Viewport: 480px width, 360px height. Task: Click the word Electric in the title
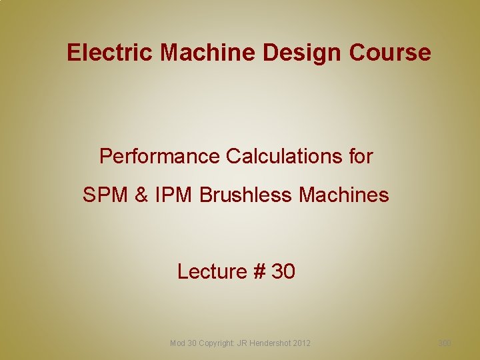[x=109, y=52]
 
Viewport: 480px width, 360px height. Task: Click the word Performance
[x=160, y=157]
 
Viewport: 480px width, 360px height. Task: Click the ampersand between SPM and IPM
[x=141, y=195]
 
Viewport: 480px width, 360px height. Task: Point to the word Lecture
[x=212, y=271]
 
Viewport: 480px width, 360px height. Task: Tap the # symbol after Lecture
[x=259, y=271]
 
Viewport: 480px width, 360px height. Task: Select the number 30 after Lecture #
[x=283, y=271]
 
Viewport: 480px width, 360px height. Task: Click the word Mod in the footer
[x=178, y=343]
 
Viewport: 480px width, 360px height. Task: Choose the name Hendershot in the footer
[x=270, y=343]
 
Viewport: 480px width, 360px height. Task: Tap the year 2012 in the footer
[x=301, y=343]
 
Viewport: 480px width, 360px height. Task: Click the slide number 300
[x=445, y=343]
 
